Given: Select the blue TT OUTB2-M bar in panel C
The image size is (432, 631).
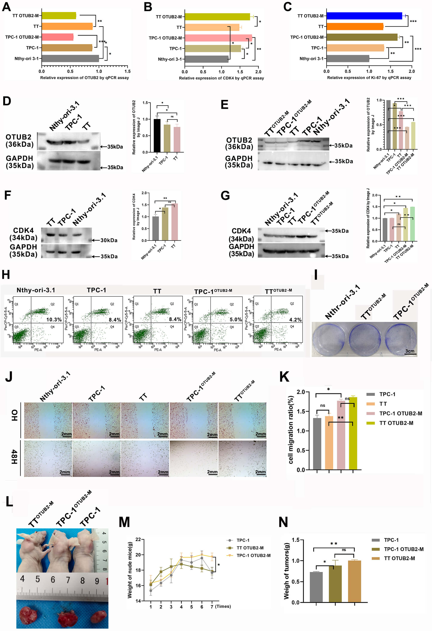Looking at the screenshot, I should (364, 16).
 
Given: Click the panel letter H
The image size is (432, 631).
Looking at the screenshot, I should (6, 275).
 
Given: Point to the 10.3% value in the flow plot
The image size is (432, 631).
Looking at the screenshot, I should (54, 319).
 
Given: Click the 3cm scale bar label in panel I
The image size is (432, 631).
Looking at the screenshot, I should (410, 351).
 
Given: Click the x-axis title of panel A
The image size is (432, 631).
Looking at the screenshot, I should (85, 78).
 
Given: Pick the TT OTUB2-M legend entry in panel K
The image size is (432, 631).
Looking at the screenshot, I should (396, 423).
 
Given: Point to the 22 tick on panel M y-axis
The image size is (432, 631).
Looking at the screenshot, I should (138, 539).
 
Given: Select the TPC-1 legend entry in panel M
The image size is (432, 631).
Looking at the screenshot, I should (242, 540).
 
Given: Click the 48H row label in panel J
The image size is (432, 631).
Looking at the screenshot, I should (14, 457).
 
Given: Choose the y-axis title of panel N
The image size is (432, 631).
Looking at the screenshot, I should (286, 571).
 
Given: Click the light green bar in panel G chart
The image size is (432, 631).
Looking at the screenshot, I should (412, 224).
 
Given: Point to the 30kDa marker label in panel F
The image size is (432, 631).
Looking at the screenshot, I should (109, 240).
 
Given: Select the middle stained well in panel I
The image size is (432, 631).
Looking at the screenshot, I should (364, 339).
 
